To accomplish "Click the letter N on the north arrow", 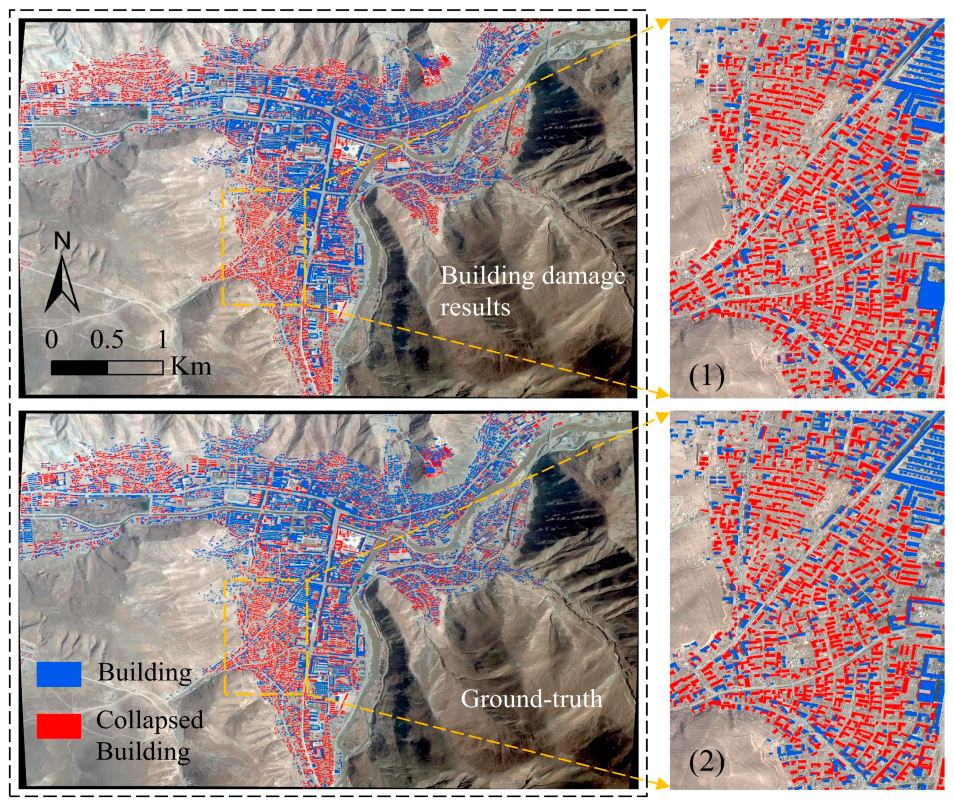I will tap(62, 241).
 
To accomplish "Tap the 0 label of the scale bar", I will tap(51, 340).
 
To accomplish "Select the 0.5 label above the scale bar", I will tap(106, 340).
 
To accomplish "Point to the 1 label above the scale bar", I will tap(162, 340).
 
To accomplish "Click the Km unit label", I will tap(191, 366).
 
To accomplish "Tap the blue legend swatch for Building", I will tap(59, 674).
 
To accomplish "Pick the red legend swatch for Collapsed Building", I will tap(59, 726).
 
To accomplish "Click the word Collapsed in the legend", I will tap(149, 720).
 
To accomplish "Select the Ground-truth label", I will tap(531, 699).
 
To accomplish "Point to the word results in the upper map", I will tap(475, 307).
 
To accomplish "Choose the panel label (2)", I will tap(706, 763).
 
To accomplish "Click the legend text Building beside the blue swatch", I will tap(145, 672).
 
